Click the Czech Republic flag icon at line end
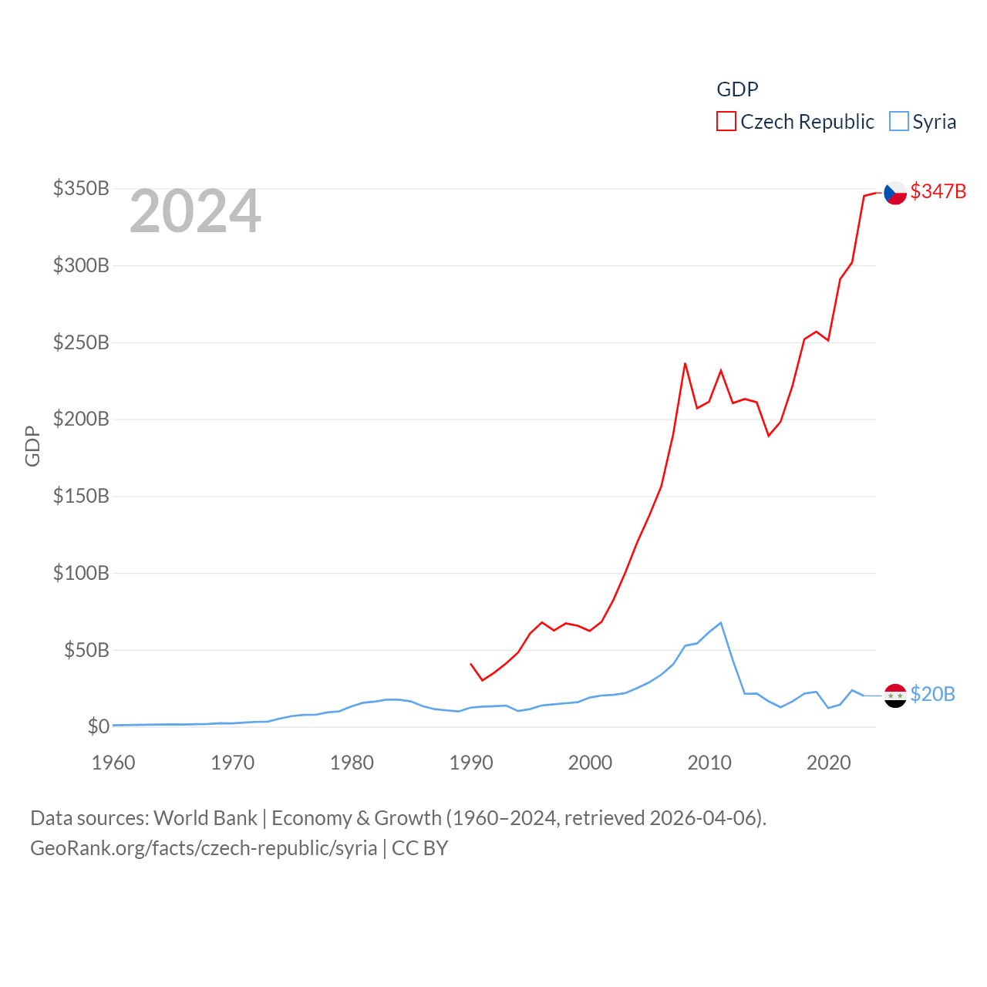point(894,193)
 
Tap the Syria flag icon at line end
point(894,696)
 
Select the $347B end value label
point(938,191)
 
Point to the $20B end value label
point(932,694)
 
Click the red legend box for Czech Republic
point(726,122)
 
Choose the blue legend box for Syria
point(898,122)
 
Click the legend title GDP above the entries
point(737,89)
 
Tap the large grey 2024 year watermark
point(195,211)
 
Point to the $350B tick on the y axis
point(81,188)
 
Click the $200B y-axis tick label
point(81,419)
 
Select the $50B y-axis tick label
point(86,650)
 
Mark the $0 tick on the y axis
point(98,726)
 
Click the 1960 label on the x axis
point(113,763)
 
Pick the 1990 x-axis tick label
point(471,763)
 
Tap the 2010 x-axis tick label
point(709,763)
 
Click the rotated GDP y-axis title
point(32,446)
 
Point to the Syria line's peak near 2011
point(721,623)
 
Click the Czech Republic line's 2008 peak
point(685,363)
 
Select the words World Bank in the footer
point(205,817)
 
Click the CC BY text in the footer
point(419,848)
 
